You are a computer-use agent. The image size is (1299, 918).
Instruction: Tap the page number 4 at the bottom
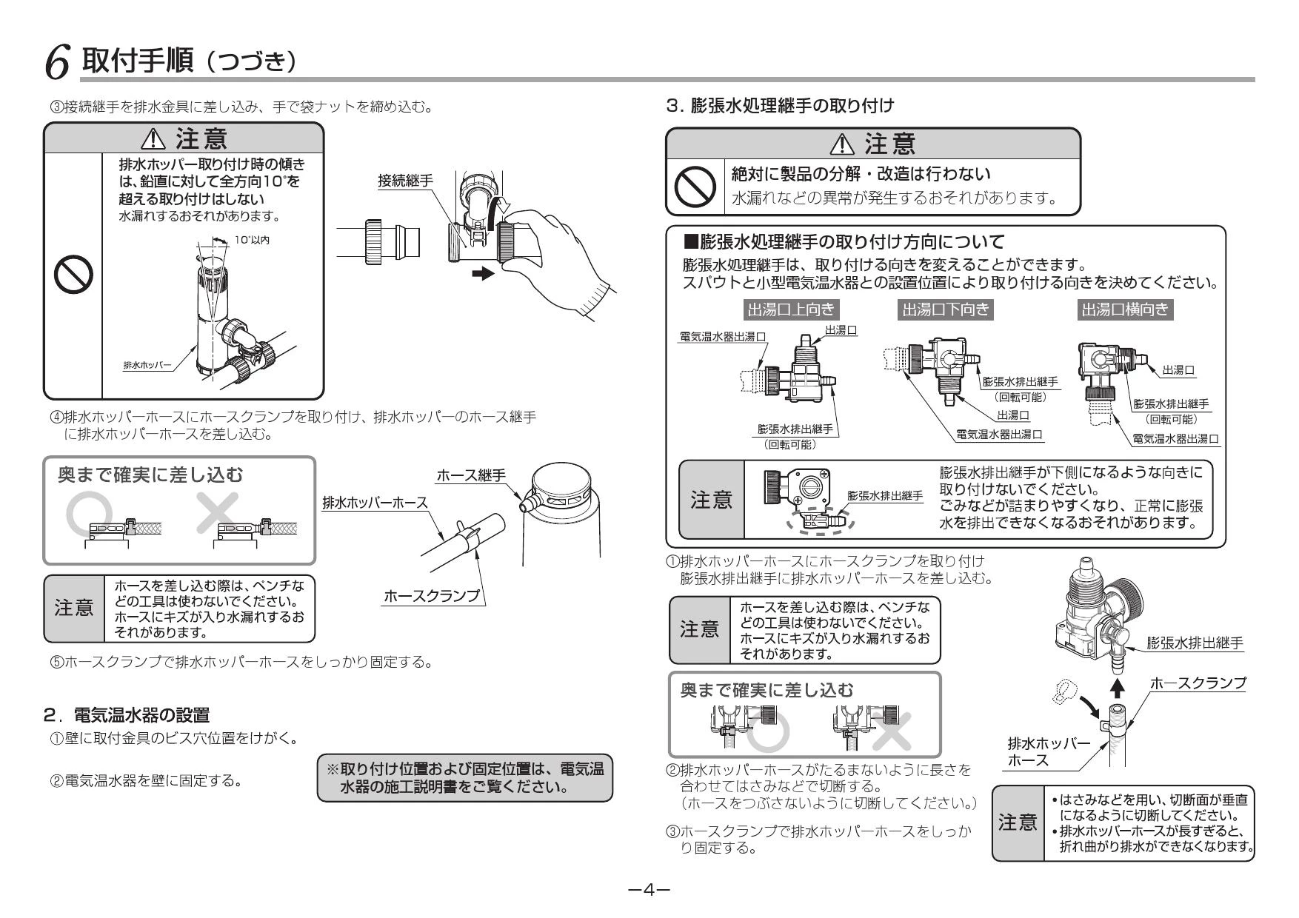click(649, 889)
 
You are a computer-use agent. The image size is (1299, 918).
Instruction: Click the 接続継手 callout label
click(405, 181)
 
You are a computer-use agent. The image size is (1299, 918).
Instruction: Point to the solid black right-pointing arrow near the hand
click(482, 273)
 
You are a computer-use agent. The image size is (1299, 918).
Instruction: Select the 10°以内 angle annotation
click(252, 241)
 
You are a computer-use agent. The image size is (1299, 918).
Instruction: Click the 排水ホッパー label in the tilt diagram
click(147, 365)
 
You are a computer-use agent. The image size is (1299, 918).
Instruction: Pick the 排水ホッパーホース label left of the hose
click(375, 503)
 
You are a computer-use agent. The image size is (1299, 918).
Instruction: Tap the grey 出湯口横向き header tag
click(1125, 309)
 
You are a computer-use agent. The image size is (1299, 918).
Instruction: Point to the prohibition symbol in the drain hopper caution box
click(73, 274)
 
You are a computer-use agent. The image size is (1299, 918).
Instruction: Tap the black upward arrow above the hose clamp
click(1118, 688)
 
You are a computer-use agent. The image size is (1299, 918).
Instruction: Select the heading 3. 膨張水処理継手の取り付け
click(781, 106)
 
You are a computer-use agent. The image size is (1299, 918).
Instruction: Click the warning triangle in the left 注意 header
click(157, 139)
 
